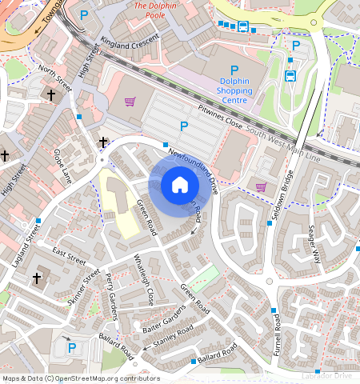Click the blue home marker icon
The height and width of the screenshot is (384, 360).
(179, 185)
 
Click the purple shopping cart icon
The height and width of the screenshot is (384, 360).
(130, 102)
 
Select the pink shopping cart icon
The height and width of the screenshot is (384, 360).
(261, 186)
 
